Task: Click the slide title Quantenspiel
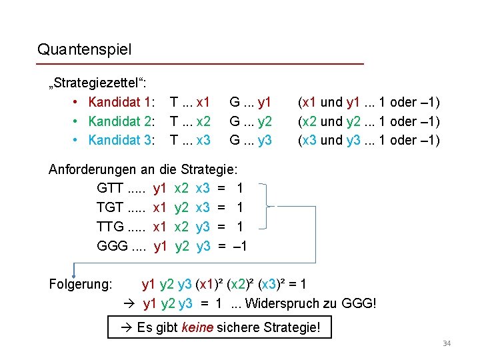85,49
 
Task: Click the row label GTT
111,189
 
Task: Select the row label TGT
111,207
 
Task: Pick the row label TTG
111,227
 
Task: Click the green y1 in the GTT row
160,189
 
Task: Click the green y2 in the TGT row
181,207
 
